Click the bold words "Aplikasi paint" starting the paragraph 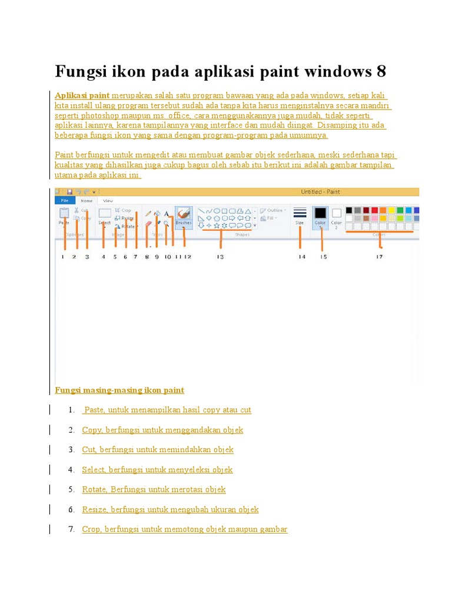[82, 95]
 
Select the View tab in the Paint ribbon [108, 200]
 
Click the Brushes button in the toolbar [184, 216]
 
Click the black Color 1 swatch [320, 215]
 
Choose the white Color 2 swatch [337, 215]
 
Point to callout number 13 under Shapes [220, 257]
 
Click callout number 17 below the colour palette [380, 257]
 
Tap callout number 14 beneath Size [302, 257]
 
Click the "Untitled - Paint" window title [320, 191]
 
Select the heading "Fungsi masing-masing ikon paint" [119, 390]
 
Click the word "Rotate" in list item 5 [94, 489]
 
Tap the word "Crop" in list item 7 [91, 529]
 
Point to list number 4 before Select [71, 469]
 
